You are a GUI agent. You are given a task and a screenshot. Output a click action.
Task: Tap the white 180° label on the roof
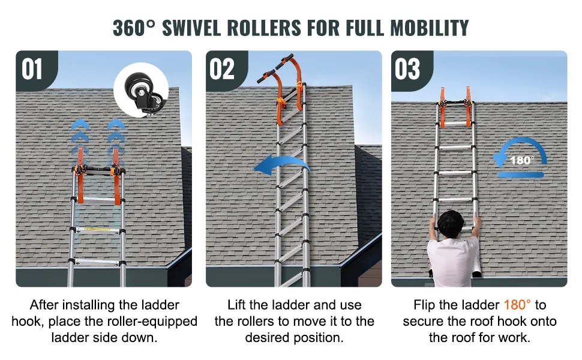pyautogui.click(x=522, y=160)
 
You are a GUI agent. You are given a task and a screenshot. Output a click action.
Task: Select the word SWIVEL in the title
pyautogui.click(x=191, y=28)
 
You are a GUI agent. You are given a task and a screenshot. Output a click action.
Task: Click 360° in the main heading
pyautogui.click(x=134, y=28)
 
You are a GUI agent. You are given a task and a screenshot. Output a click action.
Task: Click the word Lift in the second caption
pyautogui.click(x=236, y=305)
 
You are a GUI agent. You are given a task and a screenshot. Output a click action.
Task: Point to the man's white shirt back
pyautogui.click(x=453, y=262)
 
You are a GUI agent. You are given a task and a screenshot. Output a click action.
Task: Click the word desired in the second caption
pyautogui.click(x=268, y=338)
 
